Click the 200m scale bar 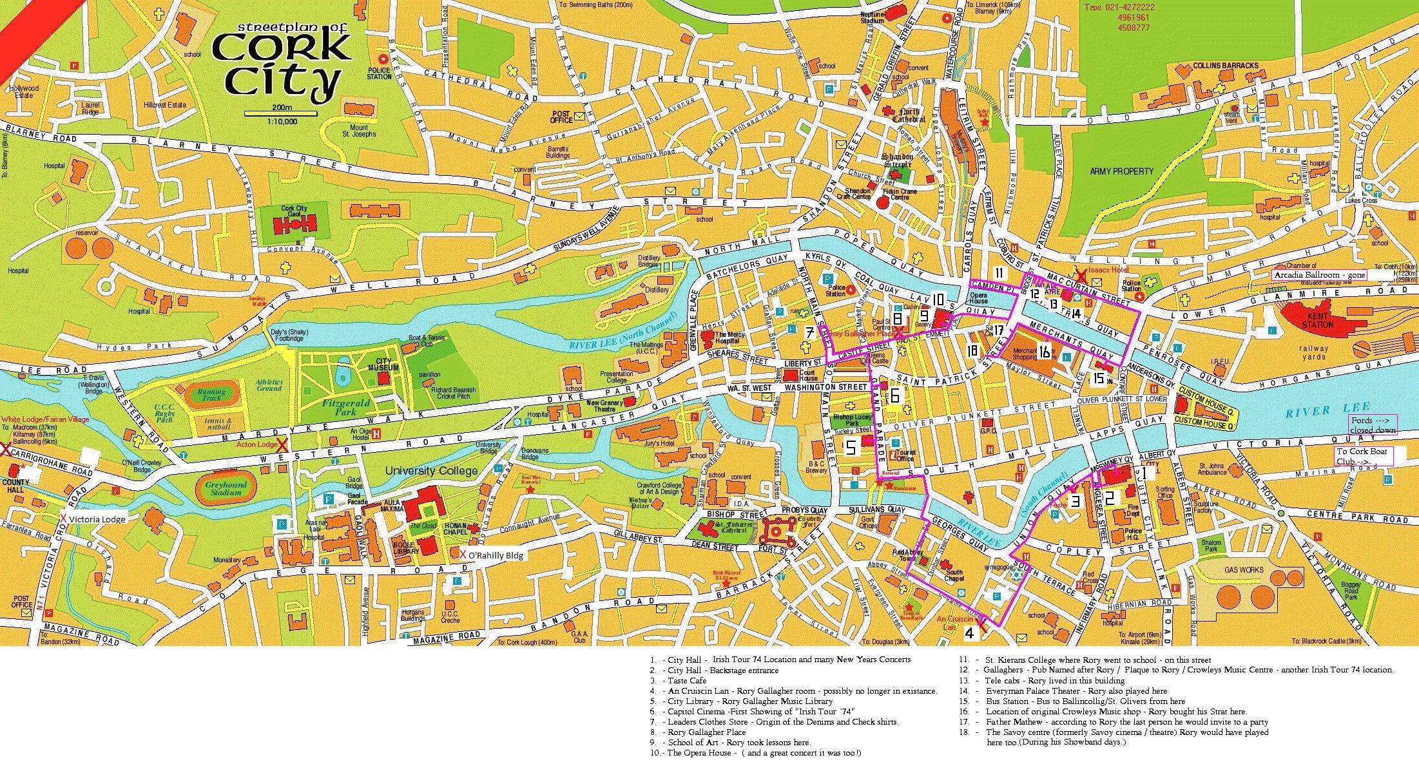click(x=282, y=114)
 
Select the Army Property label click(x=1121, y=171)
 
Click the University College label click(x=431, y=471)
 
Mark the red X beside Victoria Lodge click(x=63, y=519)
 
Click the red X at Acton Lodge click(x=282, y=444)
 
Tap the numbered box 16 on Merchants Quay click(x=1045, y=350)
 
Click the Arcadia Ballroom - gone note click(x=1317, y=275)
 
